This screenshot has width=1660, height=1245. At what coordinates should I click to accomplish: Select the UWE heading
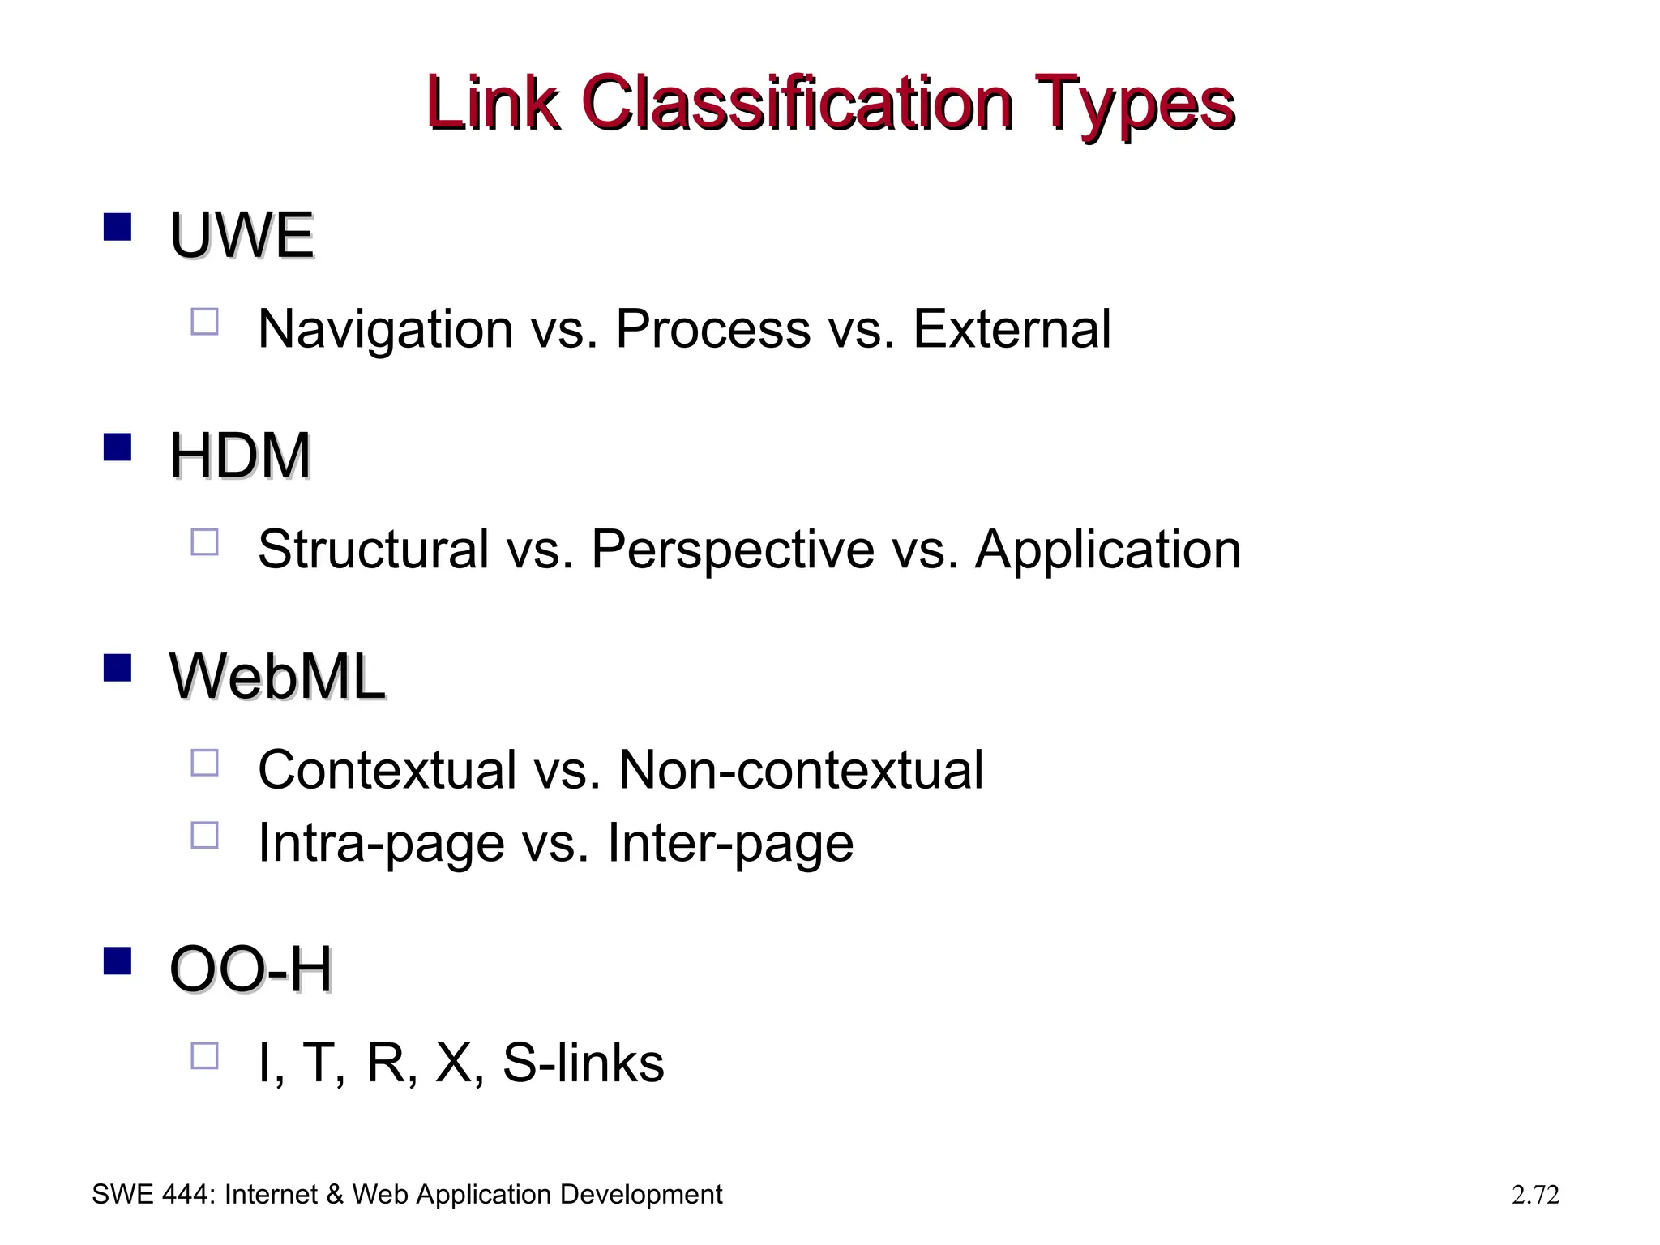coord(241,236)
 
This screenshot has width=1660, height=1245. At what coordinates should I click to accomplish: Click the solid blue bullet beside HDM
coord(118,447)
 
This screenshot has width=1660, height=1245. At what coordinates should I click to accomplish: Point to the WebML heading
coord(277,676)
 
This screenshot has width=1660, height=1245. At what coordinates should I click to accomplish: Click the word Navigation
coord(385,329)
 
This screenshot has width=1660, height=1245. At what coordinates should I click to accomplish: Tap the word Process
coord(713,329)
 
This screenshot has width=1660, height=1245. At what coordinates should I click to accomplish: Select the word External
coord(1012,329)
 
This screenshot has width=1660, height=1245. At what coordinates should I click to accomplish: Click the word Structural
coord(373,550)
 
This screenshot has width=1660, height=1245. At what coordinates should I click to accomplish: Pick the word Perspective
coord(733,550)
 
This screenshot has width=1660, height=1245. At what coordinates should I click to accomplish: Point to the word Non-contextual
coord(801,769)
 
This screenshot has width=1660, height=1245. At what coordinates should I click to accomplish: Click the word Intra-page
coord(381,844)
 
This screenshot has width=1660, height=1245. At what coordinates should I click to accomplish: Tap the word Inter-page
coord(730,844)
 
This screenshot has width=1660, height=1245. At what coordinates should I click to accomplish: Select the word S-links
coord(584,1063)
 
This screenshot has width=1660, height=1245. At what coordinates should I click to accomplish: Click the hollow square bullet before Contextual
coord(204,763)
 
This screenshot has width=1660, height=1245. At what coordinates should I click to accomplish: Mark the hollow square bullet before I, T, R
coord(204,1056)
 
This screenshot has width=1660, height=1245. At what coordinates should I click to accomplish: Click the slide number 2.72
coord(1535,1195)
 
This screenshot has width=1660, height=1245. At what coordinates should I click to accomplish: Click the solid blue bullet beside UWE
coord(118,227)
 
